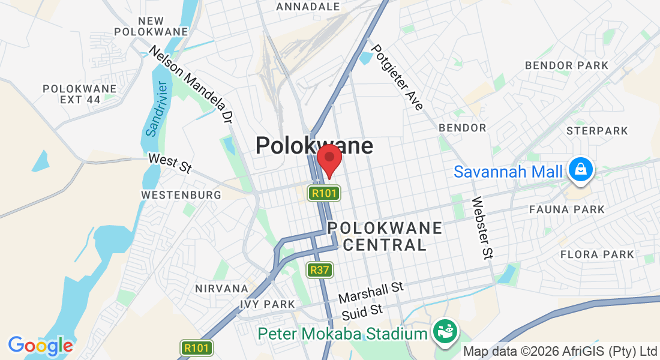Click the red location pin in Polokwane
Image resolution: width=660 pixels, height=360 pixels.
[x=329, y=159]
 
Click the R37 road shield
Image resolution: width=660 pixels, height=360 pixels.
[x=319, y=270]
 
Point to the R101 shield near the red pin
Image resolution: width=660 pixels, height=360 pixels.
[x=324, y=193]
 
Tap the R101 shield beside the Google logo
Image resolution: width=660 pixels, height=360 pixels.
[x=197, y=348]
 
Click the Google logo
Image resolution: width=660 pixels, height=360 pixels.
[x=40, y=346]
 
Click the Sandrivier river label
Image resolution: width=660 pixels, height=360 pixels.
[x=152, y=108]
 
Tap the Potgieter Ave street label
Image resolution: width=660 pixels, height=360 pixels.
[x=397, y=77]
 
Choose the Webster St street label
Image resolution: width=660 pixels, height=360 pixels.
[x=482, y=228]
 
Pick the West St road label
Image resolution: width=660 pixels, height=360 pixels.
[x=169, y=163]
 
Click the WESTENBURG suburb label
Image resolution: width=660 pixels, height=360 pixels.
[x=181, y=195]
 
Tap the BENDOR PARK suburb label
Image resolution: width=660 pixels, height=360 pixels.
[x=566, y=65]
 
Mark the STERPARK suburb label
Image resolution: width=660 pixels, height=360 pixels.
[x=597, y=131]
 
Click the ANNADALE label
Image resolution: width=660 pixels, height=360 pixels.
[x=308, y=7]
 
